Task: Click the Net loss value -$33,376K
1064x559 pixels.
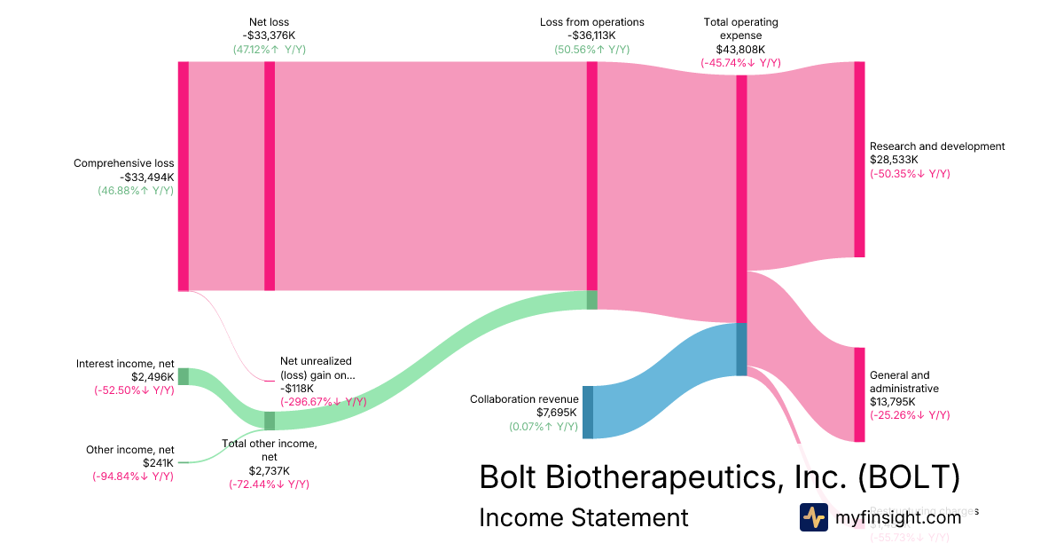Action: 269,35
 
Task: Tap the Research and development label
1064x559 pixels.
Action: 936,146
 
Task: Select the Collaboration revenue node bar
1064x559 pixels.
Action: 588,412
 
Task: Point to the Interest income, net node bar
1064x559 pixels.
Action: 184,376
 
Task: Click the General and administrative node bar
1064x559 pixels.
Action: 859,394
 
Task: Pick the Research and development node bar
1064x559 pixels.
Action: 859,160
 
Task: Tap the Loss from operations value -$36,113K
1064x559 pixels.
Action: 591,35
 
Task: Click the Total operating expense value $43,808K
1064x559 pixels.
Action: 740,50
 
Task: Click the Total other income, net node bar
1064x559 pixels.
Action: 270,421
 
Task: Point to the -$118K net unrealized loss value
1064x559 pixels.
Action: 297,388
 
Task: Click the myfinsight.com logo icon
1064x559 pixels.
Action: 814,517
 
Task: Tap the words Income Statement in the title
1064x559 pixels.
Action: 583,517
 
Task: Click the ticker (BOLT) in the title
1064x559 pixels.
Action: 909,476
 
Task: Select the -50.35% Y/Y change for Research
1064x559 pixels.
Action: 910,173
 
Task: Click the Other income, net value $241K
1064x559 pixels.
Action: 158,463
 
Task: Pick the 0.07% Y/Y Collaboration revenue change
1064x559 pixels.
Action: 543,427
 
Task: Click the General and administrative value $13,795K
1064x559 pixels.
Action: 895,402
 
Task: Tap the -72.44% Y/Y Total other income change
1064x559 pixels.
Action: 270,484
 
